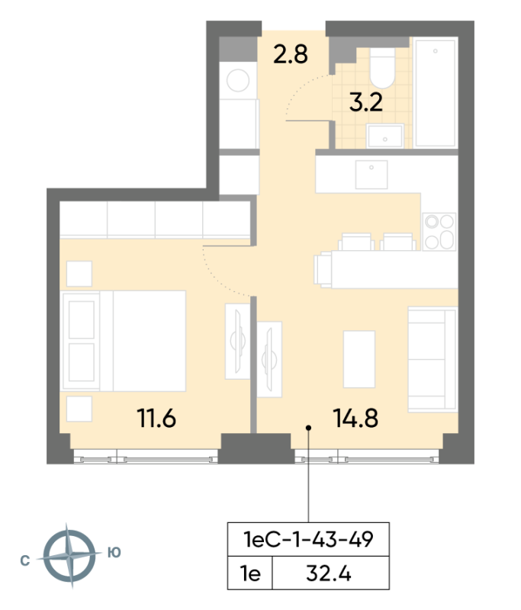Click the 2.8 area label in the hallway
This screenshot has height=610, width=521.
tap(291, 54)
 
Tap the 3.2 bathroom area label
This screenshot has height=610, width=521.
tap(365, 103)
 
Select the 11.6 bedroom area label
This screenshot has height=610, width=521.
tap(156, 418)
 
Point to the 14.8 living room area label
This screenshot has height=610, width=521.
tap(355, 418)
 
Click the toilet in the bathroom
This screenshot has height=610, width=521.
tap(382, 68)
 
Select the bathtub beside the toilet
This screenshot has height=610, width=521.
tap(435, 92)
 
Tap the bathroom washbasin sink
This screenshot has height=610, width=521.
tap(384, 136)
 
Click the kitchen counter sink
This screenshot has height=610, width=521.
tap(371, 175)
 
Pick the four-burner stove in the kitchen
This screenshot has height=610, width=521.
tap(439, 232)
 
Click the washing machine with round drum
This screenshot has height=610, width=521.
tap(238, 81)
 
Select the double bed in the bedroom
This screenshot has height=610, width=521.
tap(124, 341)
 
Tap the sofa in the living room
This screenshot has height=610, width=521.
tap(433, 359)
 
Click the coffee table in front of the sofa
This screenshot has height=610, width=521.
tap(359, 359)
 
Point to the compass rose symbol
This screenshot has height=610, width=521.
tap(69, 555)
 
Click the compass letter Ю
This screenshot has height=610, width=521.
tap(114, 552)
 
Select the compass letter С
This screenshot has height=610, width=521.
tap(25, 560)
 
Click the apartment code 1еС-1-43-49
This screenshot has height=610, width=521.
tap(308, 540)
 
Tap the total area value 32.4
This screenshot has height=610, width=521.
tap(329, 573)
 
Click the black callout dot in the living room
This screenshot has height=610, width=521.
tap(308, 428)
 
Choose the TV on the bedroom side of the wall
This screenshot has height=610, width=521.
tap(238, 341)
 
